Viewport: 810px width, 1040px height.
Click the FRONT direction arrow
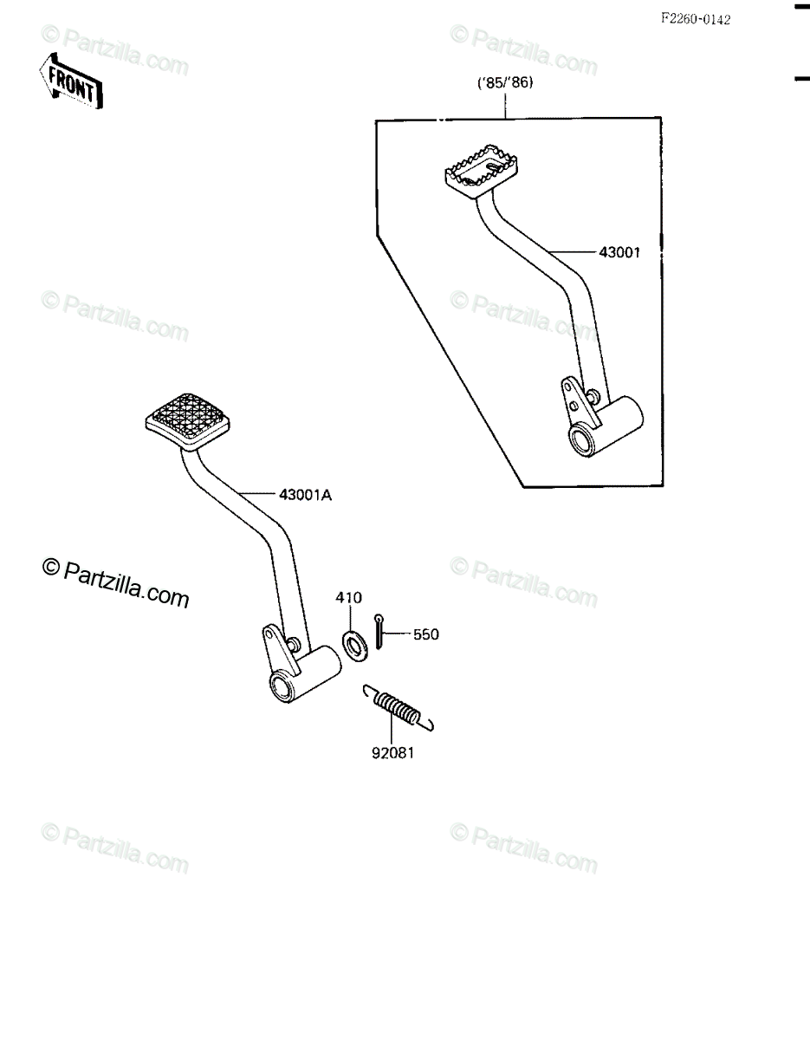coord(70,81)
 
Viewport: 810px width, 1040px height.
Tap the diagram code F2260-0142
coord(696,19)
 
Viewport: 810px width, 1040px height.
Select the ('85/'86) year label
coord(505,83)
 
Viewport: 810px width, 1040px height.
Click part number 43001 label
coord(619,252)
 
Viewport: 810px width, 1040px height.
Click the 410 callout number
coord(349,597)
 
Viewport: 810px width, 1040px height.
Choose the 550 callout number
coord(426,634)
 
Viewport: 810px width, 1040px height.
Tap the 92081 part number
coord(392,753)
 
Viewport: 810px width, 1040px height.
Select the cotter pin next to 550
coord(379,631)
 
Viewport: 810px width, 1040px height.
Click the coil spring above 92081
coord(398,711)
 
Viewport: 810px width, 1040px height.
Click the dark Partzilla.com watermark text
coord(116,584)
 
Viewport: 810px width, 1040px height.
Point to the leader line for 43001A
coord(259,493)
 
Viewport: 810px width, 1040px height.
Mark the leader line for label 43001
coord(573,250)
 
